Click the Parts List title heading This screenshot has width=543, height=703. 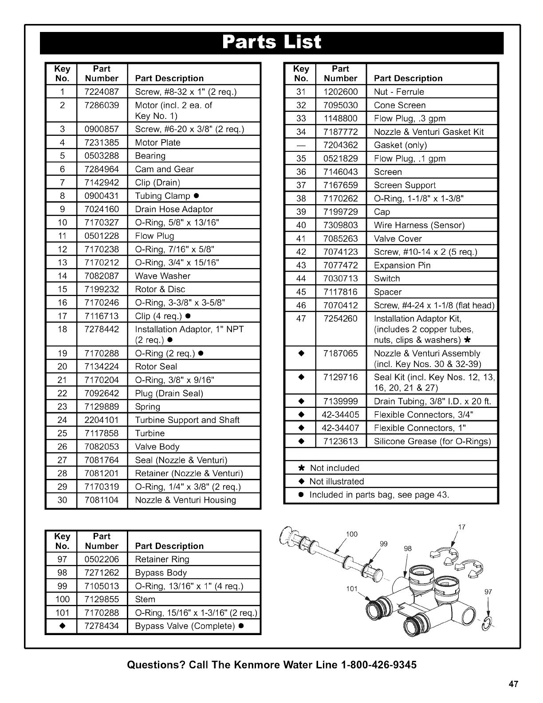[271, 42]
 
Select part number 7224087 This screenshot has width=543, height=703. [102, 92]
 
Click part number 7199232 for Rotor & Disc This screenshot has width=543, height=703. [102, 289]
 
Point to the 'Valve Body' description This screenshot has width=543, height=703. [157, 446]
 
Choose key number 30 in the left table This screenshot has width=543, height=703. [62, 500]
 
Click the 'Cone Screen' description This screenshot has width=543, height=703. [400, 105]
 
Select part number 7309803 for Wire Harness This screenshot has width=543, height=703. [340, 225]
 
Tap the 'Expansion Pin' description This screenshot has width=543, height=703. [402, 265]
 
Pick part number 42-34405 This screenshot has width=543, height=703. [340, 415]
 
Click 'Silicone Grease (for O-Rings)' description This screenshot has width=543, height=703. [433, 441]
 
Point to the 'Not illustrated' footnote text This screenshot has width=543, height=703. [337, 481]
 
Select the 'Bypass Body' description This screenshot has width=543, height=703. [161, 573]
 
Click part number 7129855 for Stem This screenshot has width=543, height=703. [102, 599]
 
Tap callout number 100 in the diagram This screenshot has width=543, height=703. [351, 534]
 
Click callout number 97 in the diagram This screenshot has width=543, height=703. [488, 592]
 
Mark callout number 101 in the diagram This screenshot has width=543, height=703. [351, 589]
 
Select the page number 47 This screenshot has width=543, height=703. [513, 684]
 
